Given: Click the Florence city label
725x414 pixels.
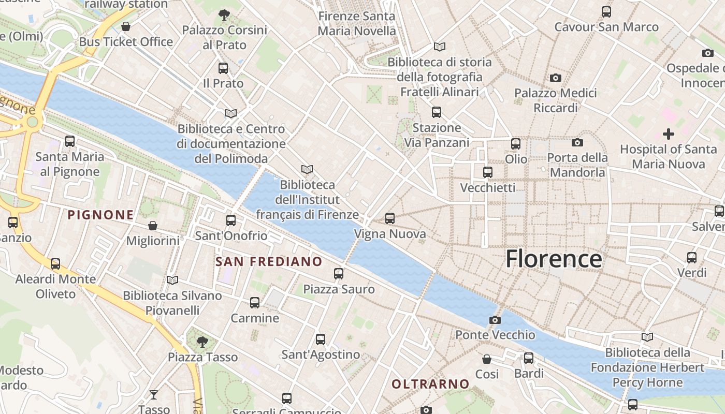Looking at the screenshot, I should (554, 259).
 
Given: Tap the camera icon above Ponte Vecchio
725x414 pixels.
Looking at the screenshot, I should (495, 320).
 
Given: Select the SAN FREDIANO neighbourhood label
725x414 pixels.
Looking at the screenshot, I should (269, 262).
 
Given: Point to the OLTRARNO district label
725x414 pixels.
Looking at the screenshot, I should (430, 384).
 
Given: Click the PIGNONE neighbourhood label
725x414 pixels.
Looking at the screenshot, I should (101, 215).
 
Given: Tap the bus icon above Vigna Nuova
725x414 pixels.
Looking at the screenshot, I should (390, 218).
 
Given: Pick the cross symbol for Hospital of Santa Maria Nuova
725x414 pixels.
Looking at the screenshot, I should (669, 134).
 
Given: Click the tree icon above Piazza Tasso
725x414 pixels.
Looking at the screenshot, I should (202, 342).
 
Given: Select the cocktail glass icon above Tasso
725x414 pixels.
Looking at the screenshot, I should (154, 395).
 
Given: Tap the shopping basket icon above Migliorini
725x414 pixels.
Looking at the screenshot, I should (153, 226).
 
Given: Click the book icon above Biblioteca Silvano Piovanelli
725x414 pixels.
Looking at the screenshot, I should (172, 280).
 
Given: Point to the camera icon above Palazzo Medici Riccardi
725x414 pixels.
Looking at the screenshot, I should (556, 78).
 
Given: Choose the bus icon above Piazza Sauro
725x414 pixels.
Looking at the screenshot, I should (339, 273).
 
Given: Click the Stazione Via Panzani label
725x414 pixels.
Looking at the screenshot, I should (437, 135).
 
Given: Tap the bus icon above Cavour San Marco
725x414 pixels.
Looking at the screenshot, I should (606, 11).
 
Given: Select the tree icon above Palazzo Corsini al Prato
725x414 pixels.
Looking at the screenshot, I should (224, 14).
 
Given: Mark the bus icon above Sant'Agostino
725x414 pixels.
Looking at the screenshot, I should (321, 339).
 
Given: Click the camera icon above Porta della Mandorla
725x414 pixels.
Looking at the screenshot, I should (577, 142).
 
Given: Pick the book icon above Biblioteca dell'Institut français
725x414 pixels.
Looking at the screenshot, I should (307, 169).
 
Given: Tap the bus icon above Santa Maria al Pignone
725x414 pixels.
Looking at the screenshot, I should (70, 141).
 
